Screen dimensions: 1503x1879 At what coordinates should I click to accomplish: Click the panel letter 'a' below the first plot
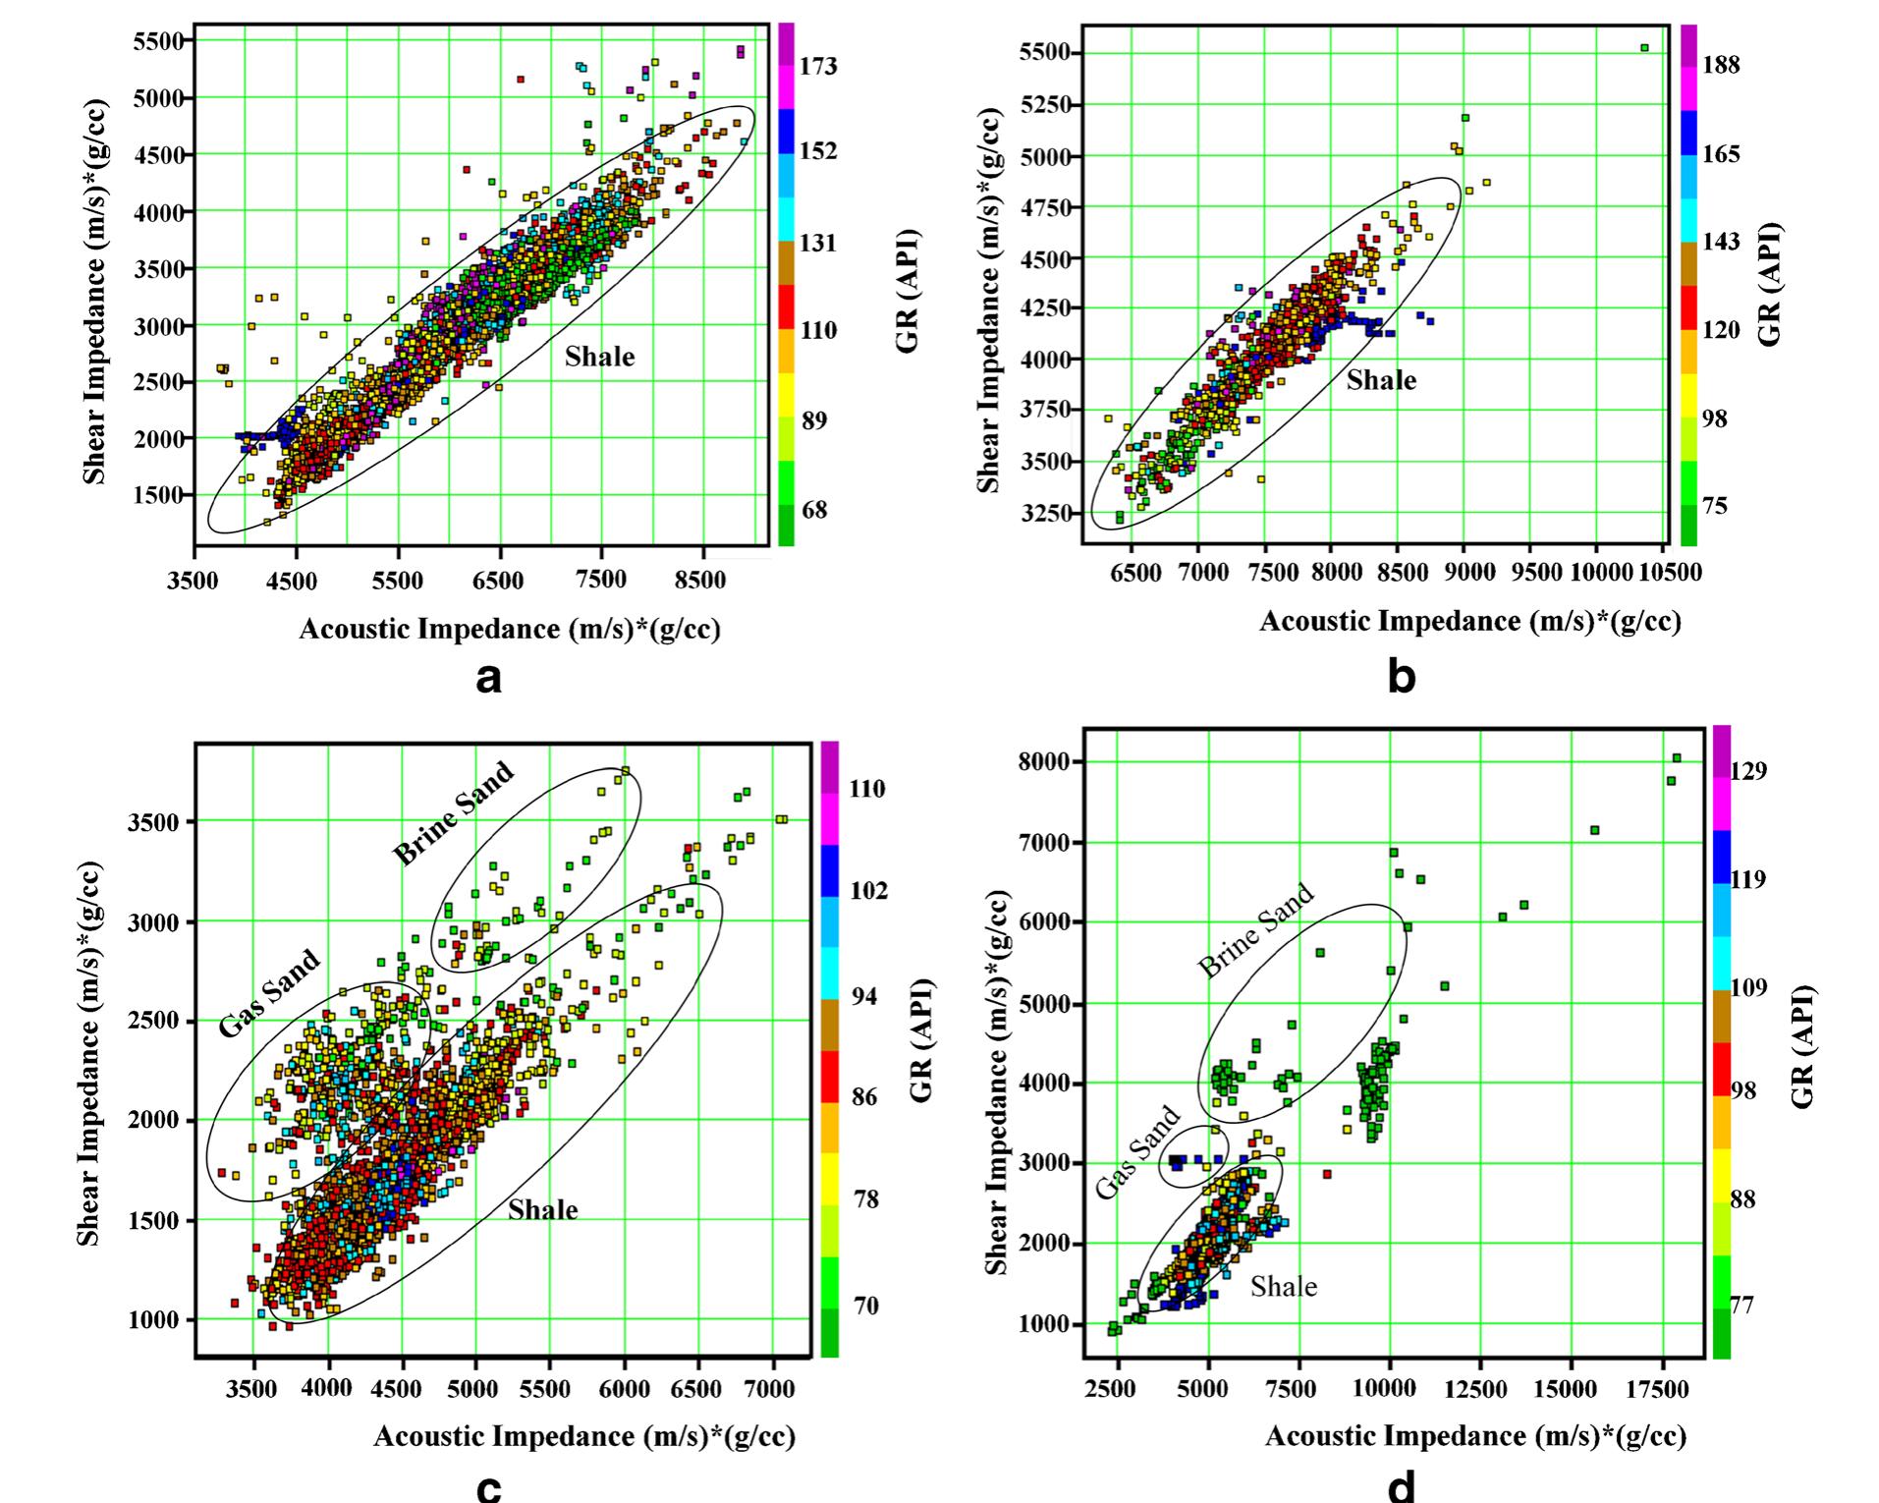(x=488, y=677)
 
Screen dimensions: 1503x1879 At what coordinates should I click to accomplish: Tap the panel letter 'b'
(x=1402, y=677)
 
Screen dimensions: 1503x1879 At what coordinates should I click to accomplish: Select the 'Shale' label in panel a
(x=599, y=357)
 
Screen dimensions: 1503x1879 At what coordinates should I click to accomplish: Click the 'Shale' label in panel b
(x=1381, y=380)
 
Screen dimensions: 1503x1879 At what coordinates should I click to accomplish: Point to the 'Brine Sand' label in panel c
(x=454, y=813)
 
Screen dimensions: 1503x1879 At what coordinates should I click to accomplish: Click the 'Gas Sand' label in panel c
(x=269, y=993)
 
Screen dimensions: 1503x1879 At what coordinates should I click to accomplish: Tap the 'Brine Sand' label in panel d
(x=1255, y=930)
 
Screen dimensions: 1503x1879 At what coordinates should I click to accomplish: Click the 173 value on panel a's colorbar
(x=818, y=66)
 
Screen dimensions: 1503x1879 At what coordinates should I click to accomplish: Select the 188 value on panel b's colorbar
(x=1721, y=65)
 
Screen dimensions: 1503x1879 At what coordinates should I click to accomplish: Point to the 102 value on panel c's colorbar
(x=868, y=890)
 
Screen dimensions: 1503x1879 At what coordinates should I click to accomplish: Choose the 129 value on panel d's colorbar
(x=1749, y=771)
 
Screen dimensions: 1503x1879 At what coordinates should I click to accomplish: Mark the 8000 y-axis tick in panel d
(x=1049, y=761)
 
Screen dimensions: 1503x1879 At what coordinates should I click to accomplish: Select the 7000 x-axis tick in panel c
(x=769, y=1388)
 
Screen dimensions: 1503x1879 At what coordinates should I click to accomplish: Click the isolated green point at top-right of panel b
(x=1644, y=48)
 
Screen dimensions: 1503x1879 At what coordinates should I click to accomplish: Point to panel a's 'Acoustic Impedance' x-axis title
(x=509, y=629)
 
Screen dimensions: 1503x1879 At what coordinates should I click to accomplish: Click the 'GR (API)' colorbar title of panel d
(x=1801, y=1046)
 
